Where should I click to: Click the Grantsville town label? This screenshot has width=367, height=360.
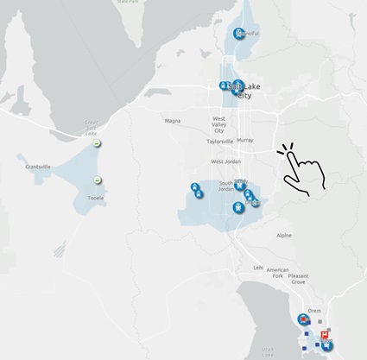[40, 166]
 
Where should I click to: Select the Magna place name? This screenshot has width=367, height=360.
[173, 121]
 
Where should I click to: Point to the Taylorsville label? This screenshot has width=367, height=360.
[219, 141]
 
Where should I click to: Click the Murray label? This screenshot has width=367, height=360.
[244, 139]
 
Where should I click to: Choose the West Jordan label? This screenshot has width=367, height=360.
[226, 161]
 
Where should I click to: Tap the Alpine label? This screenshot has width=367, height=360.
[284, 235]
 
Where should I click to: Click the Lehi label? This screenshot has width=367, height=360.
[258, 267]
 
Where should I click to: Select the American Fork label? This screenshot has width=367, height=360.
[278, 273]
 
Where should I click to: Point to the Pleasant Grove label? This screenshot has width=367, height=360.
[298, 279]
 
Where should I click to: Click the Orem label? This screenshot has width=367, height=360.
[314, 309]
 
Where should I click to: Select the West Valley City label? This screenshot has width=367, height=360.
[225, 123]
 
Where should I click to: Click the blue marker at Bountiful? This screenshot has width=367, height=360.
[239, 35]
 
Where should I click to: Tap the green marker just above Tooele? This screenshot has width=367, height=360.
[98, 180]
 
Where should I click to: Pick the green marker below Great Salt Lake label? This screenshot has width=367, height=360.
[98, 143]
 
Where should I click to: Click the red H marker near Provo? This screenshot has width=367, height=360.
[324, 334]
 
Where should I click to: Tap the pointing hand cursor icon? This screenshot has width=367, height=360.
[301, 167]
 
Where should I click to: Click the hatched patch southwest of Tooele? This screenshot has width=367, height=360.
[59, 251]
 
